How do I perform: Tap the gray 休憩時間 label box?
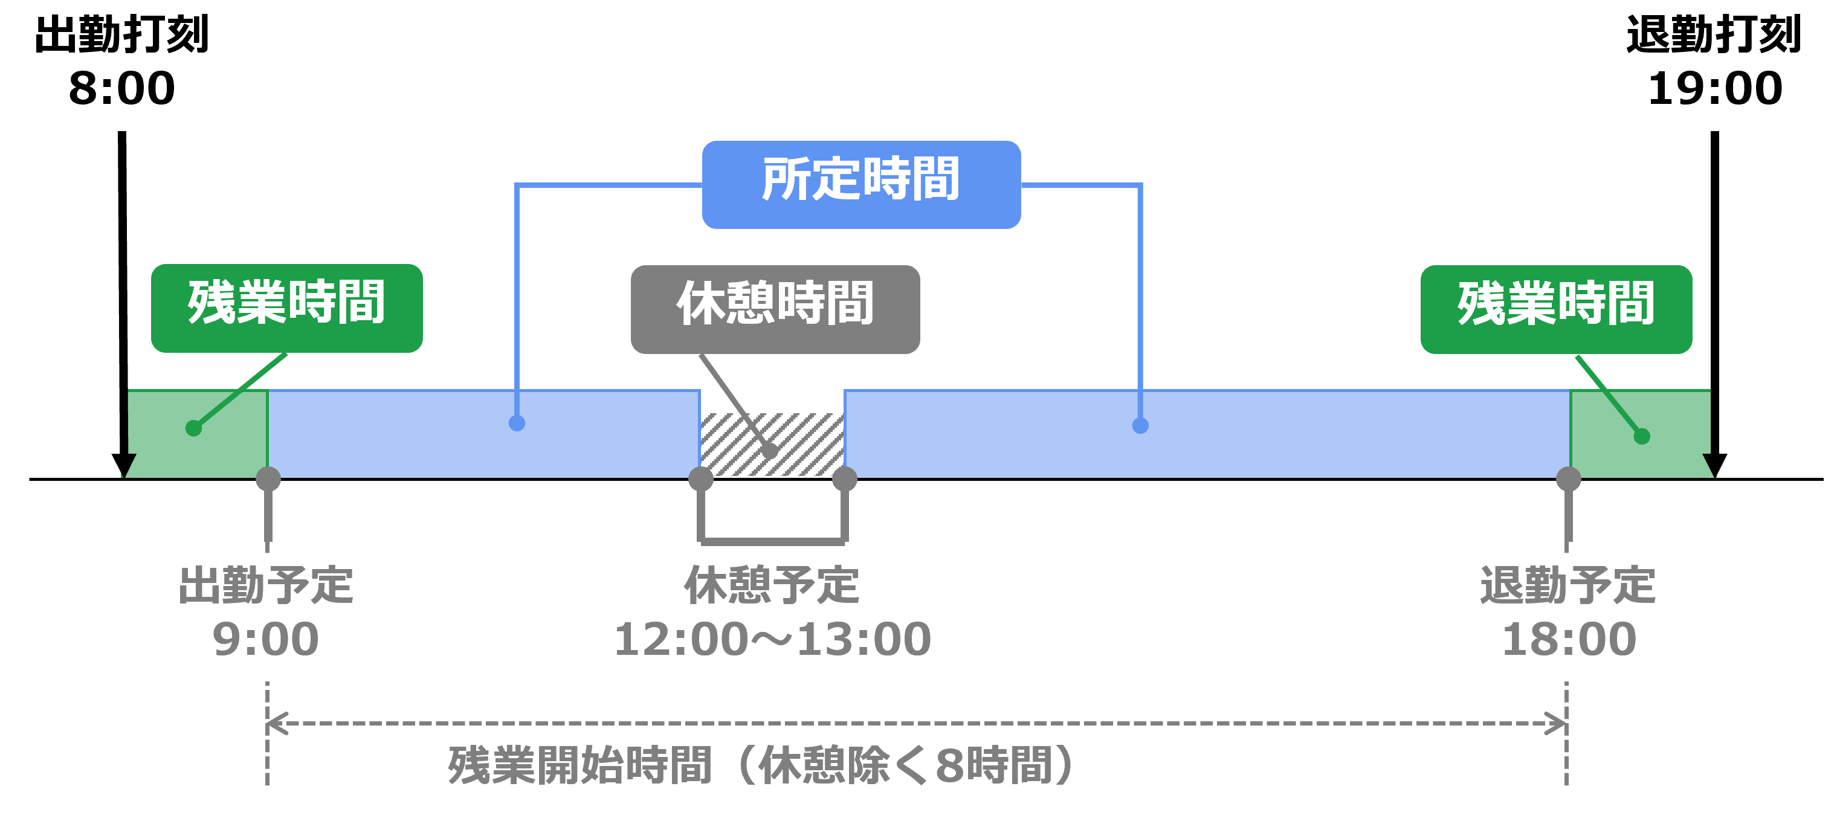pos(775,309)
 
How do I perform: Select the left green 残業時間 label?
pos(286,308)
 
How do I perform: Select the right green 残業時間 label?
pos(1555,309)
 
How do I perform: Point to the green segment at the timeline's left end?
pos(198,432)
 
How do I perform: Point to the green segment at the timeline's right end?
pos(1639,432)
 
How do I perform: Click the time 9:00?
pos(265,639)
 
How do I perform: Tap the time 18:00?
pos(1569,639)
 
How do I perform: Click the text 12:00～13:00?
pos(772,639)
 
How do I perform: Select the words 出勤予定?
pos(265,585)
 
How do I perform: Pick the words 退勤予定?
pos(1567,585)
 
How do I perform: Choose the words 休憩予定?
pos(772,585)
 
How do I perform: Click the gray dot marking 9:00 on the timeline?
pos(268,479)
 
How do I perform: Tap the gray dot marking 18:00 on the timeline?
pos(1568,479)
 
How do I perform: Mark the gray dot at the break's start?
pos(701,479)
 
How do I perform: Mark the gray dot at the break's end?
pos(844,479)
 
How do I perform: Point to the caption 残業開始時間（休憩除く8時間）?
pos(760,765)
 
